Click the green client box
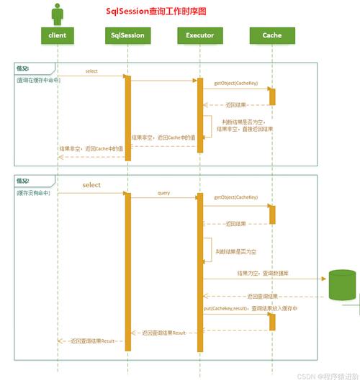(x=58, y=35)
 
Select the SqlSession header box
(x=127, y=35)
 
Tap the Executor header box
(x=199, y=35)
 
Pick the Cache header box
(x=271, y=35)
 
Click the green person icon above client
(x=58, y=13)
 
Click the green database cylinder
(x=343, y=285)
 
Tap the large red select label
(x=91, y=185)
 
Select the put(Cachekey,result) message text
(x=225, y=309)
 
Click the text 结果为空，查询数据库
(x=262, y=274)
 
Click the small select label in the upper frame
(x=91, y=71)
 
